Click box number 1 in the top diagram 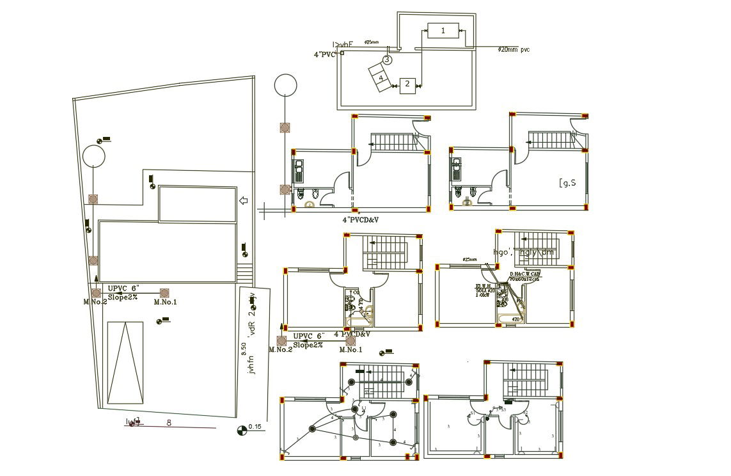(443, 31)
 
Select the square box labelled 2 (407, 84)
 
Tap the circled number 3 (387, 59)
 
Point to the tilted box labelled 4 (381, 78)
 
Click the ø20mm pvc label (514, 49)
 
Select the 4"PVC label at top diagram (324, 55)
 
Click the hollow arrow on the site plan (243, 201)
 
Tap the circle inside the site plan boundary (93, 155)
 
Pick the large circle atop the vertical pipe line (285, 84)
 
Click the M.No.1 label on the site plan (165, 303)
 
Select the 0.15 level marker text (255, 427)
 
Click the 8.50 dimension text (243, 348)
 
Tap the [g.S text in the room (568, 182)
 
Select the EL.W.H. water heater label (483, 286)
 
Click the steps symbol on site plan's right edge (244, 271)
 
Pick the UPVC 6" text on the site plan (123, 289)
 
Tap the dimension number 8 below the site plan (169, 422)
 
